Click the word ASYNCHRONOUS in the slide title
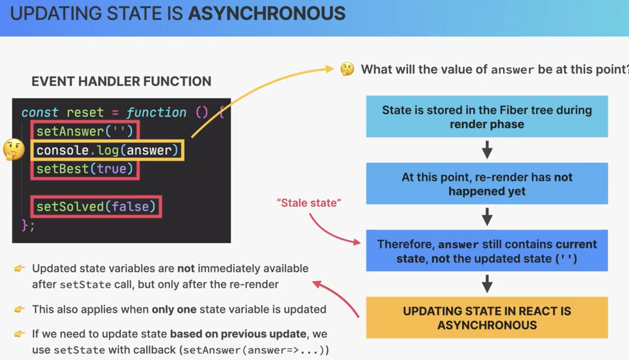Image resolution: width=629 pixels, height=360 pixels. [267, 13]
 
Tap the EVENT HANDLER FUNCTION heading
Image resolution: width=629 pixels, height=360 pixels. [121, 81]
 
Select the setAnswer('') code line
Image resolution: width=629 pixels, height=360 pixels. [85, 131]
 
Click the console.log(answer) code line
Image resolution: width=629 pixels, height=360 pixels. [107, 150]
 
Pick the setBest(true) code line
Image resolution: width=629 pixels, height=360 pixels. [85, 169]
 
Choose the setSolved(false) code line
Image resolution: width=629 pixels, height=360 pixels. [96, 206]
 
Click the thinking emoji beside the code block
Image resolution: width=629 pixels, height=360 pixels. [14, 149]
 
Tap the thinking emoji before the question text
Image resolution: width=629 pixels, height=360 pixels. [347, 69]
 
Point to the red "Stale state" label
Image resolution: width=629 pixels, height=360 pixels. [309, 203]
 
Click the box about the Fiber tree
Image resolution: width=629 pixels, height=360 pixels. [487, 116]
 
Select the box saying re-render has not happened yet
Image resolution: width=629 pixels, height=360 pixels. [487, 183]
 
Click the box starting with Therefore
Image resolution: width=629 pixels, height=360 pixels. [487, 251]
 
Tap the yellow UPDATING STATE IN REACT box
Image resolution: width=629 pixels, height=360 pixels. [487, 318]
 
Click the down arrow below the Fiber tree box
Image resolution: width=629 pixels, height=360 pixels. [487, 150]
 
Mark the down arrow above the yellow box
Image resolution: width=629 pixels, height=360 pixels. [487, 284]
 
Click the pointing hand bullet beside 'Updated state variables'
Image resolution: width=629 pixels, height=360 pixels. [19, 268]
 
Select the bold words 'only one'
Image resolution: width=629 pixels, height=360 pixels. [174, 309]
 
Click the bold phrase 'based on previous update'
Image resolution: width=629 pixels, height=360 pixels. [238, 334]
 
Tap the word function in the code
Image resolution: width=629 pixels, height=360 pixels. [156, 112]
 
